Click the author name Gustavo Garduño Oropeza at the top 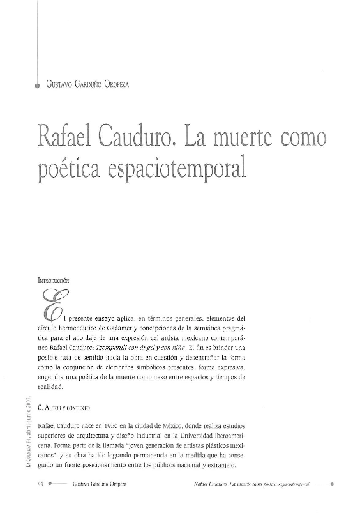[91, 82]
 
